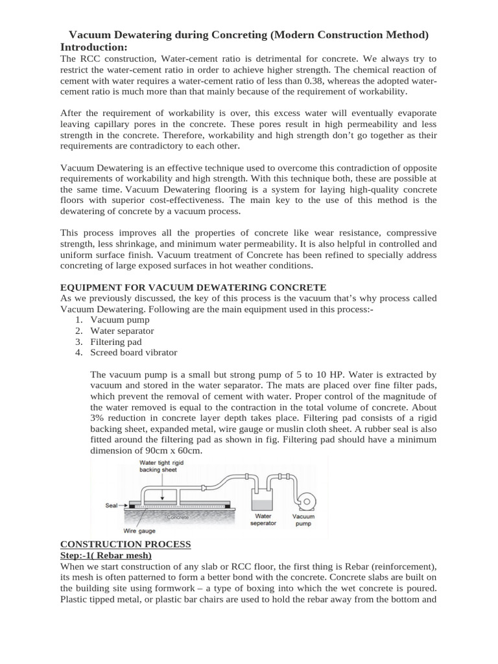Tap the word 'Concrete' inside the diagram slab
(x=177, y=517)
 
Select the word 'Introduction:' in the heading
(x=94, y=47)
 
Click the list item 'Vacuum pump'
(x=120, y=320)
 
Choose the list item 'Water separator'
(x=122, y=331)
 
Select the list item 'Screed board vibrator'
(x=134, y=353)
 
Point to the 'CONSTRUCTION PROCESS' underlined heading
(x=125, y=544)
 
